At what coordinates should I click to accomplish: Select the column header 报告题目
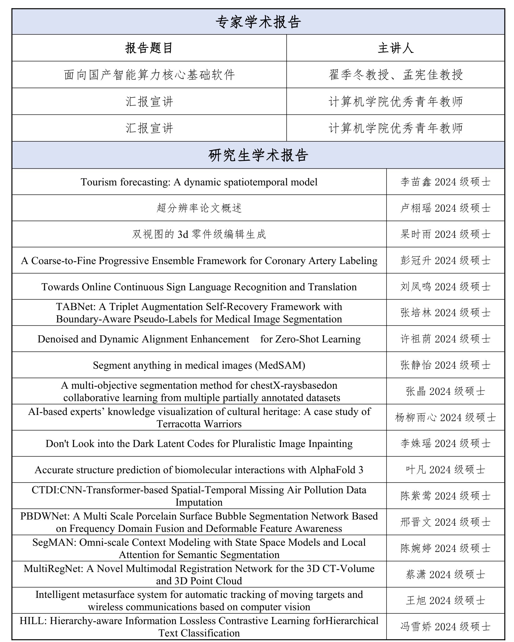(149, 48)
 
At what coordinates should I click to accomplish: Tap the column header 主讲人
(396, 48)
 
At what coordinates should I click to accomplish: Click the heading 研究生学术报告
(258, 155)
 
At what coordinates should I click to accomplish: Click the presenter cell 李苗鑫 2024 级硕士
(445, 182)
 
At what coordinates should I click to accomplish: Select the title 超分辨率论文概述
(199, 208)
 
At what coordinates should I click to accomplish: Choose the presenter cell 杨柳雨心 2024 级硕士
(445, 418)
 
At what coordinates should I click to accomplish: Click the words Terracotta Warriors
(199, 424)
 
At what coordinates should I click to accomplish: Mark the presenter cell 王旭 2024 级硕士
(445, 600)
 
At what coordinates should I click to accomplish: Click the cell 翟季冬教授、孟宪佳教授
(396, 75)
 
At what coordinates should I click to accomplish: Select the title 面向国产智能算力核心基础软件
(149, 75)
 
